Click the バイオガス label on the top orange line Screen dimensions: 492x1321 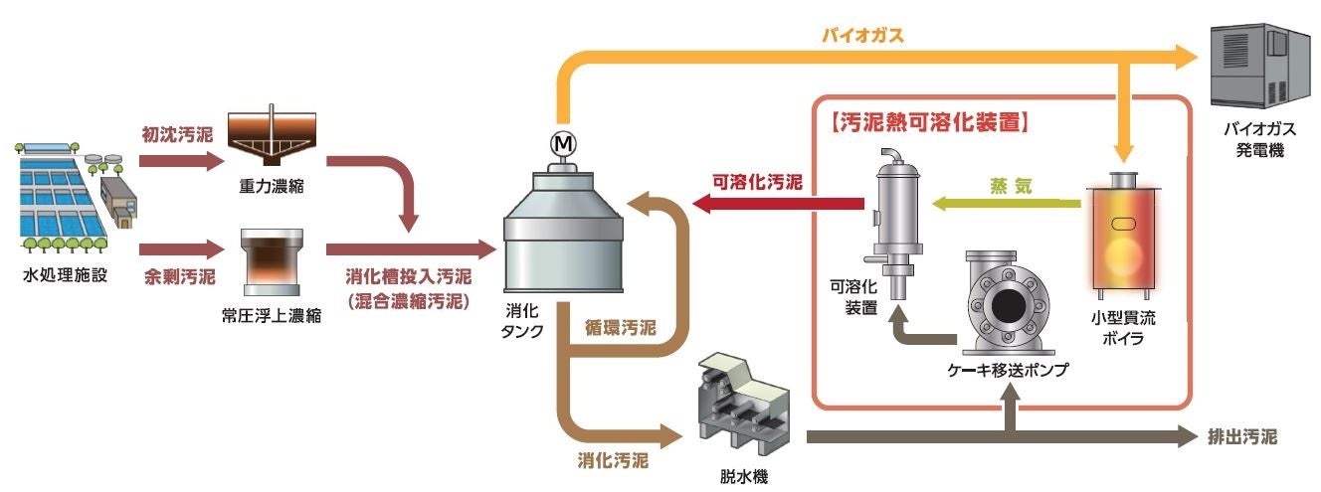861,37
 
